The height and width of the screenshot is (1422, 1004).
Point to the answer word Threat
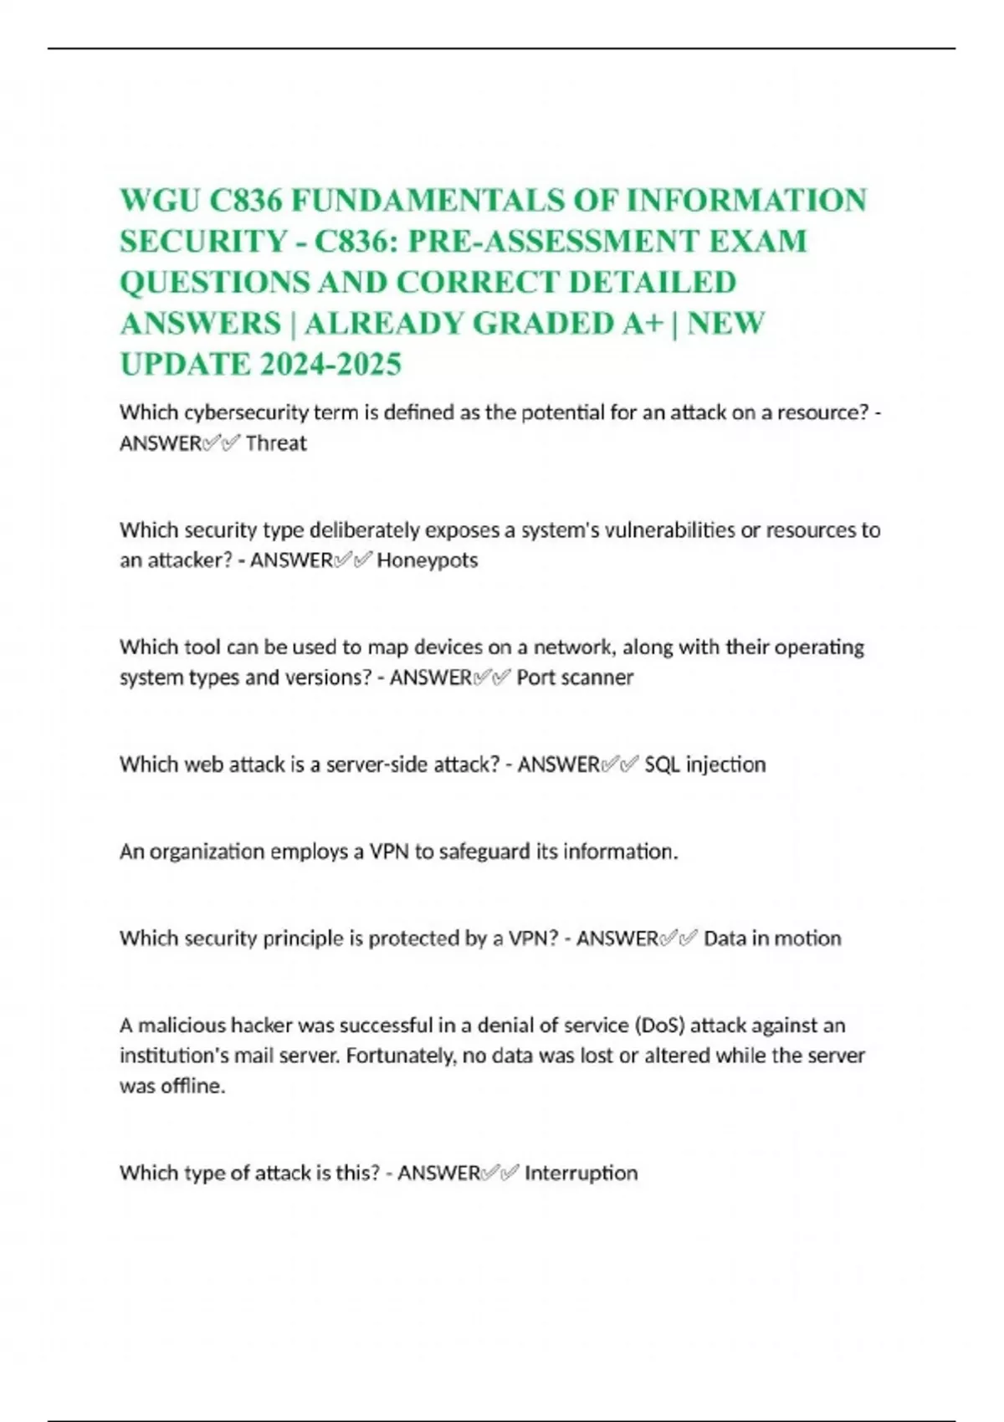click(276, 443)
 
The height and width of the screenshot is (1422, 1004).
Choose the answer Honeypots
click(427, 560)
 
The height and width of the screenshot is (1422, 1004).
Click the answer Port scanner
click(575, 678)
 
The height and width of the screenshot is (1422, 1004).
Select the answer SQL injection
click(705, 765)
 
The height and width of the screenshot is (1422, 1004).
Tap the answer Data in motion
click(772, 939)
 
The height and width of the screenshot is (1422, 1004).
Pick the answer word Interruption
click(581, 1173)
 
